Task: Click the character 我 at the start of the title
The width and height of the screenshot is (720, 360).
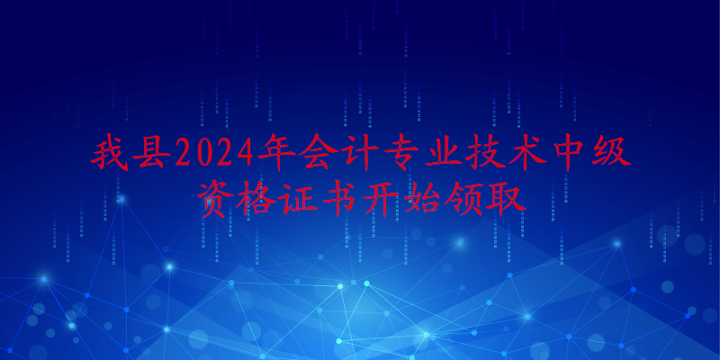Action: pos(108,152)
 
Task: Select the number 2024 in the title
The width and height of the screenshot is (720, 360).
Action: pos(214,152)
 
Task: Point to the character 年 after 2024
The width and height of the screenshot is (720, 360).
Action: pos(276,152)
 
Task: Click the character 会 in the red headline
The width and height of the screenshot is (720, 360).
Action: pos(317,152)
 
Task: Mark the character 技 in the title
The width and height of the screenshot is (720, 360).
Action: pos(484,152)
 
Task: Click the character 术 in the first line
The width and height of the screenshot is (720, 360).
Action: pos(526,152)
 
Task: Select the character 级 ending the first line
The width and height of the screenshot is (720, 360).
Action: pos(611,152)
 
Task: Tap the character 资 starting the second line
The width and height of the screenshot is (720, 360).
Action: pos(216,198)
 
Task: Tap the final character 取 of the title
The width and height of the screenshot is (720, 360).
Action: pos(506,198)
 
